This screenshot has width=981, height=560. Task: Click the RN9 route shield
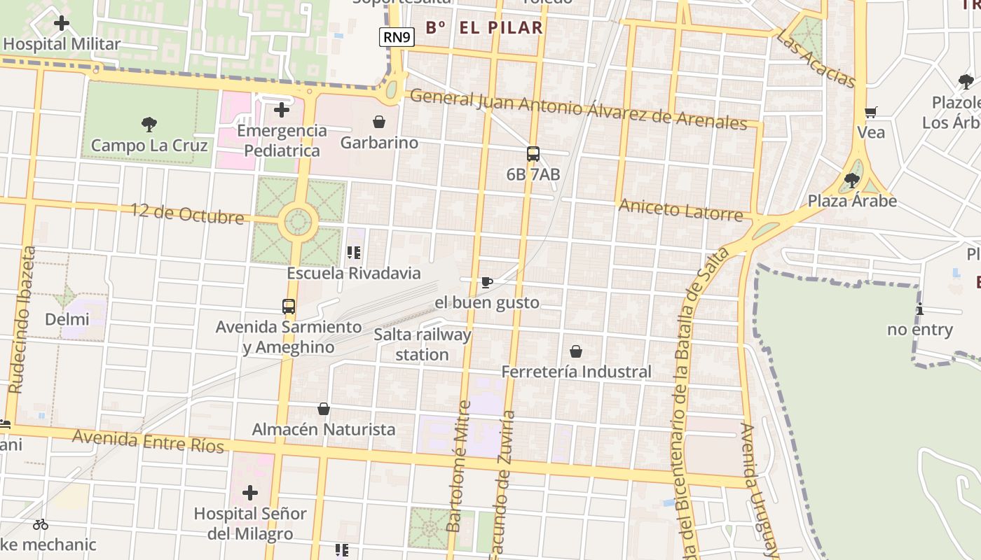tap(397, 37)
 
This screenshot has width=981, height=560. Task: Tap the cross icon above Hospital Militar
tap(62, 23)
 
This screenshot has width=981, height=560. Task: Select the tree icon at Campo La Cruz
tap(149, 125)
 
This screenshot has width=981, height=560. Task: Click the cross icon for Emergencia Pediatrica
tap(282, 110)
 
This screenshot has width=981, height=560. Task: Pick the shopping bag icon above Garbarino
tap(379, 122)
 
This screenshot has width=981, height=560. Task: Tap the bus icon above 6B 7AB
tap(533, 154)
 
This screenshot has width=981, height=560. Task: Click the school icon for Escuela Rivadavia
tap(353, 253)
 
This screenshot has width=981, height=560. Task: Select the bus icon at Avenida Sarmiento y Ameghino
tap(289, 307)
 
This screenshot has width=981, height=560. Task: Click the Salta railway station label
tap(422, 344)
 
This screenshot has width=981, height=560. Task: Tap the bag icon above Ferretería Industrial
tap(576, 351)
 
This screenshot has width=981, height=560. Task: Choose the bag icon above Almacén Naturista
tap(324, 409)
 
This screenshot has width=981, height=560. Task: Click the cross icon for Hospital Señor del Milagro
tap(250, 493)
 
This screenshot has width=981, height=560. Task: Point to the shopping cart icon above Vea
tap(871, 112)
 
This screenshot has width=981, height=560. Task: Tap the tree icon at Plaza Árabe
tap(852, 181)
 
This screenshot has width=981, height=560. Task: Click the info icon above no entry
tap(919, 309)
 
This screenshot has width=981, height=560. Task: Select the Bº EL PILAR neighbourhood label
tap(484, 28)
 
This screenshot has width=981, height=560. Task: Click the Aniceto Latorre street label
tap(680, 209)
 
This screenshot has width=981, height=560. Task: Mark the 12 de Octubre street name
tap(187, 213)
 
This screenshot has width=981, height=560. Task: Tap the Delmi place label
tap(67, 320)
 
